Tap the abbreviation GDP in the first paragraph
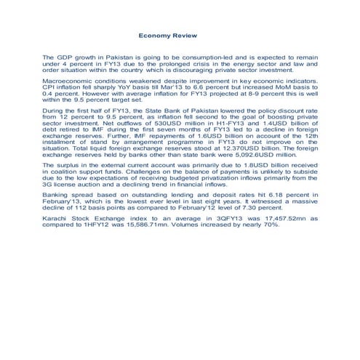[63, 57]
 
